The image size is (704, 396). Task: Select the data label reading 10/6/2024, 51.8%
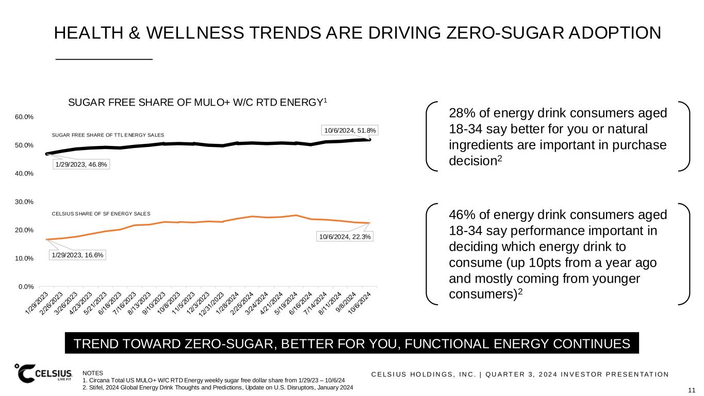coord(350,131)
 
